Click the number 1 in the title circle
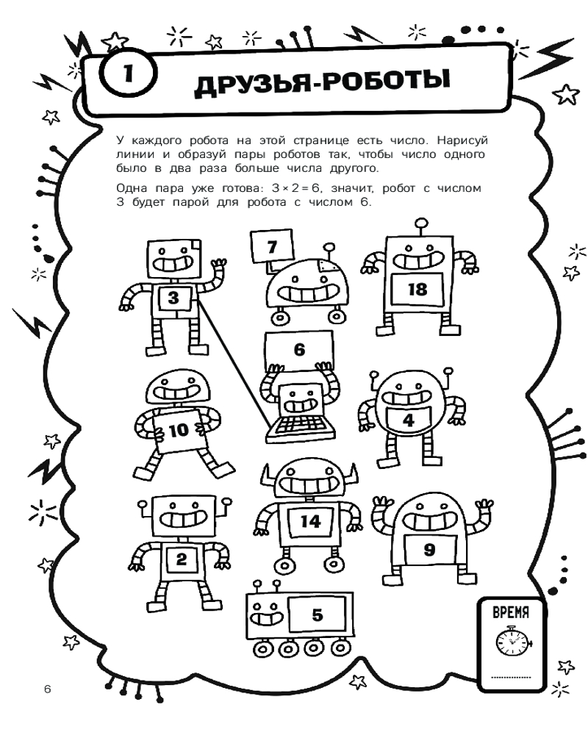coord(129,73)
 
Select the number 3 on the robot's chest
coord(173,298)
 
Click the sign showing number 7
coord(273,246)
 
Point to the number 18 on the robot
coord(417,289)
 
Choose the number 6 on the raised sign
coord(299,350)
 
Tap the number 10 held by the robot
coord(178,429)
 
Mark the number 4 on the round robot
coord(409,420)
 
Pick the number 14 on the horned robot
coord(310,521)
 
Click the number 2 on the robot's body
coord(181,559)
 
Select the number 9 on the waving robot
coord(429,549)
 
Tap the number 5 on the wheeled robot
coord(318,614)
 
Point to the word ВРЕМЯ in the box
coord(511,612)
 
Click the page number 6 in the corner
coord(47,689)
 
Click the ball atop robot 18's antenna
coord(422,223)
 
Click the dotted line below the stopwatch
coord(511,677)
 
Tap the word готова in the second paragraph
coord(239,188)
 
